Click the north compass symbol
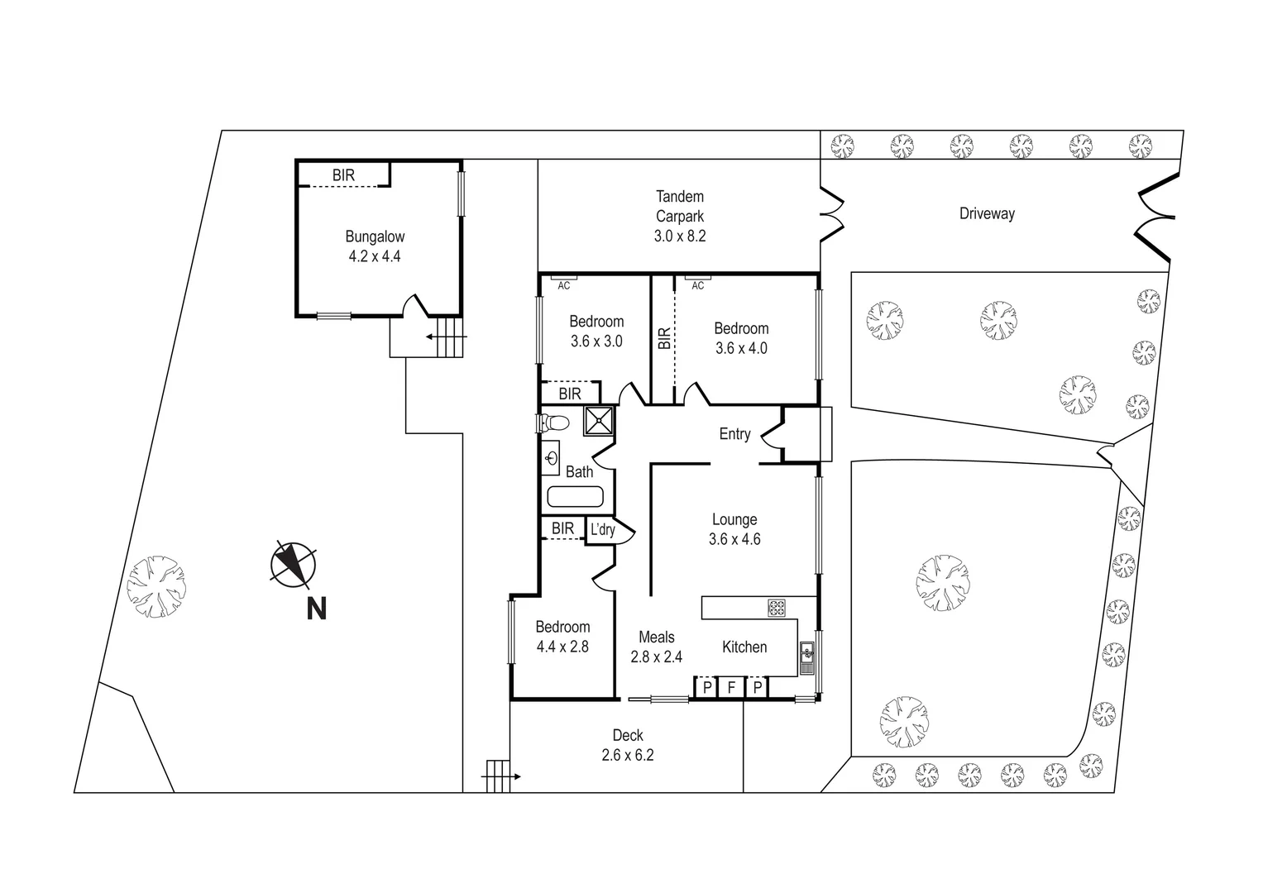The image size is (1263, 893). click(293, 564)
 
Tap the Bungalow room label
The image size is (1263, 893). click(375, 246)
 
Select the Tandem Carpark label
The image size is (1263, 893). click(680, 216)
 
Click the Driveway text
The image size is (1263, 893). click(987, 214)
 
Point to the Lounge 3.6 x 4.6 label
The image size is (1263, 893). click(734, 529)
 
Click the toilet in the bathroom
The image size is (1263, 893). click(553, 423)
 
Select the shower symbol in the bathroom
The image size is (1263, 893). click(600, 420)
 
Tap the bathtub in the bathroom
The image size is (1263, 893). click(575, 498)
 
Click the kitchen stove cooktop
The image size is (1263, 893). click(777, 608)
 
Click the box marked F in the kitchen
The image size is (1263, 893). click(731, 687)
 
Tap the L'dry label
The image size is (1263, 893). click(602, 530)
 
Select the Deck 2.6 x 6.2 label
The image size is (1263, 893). click(628, 745)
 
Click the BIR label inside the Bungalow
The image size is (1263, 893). click(343, 175)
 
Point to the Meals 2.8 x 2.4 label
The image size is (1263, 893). click(656, 647)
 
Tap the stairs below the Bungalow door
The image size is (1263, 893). click(447, 337)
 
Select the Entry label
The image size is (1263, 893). click(734, 434)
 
